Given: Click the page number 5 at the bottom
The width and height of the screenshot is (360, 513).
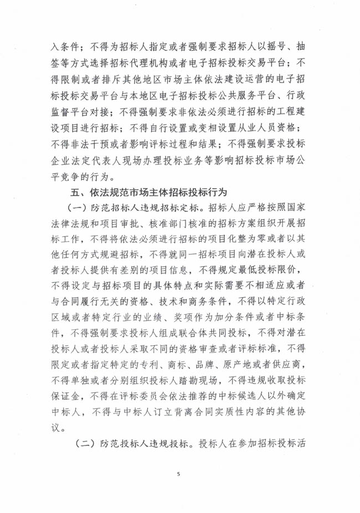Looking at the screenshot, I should pyautogui.click(x=179, y=474).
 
